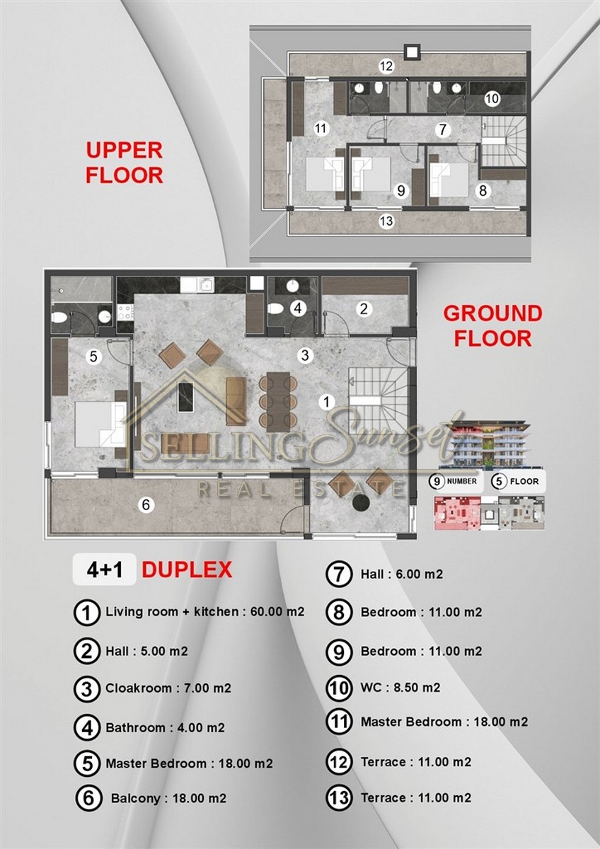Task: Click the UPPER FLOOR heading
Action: click(x=125, y=163)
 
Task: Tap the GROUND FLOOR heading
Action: click(x=492, y=326)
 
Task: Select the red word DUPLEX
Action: click(x=187, y=570)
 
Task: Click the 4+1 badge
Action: click(x=104, y=570)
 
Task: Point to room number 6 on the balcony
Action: click(x=146, y=504)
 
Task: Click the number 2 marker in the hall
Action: click(x=364, y=309)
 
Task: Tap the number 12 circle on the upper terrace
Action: click(x=386, y=67)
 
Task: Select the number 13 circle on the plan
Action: click(x=386, y=221)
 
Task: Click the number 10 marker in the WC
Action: click(x=492, y=99)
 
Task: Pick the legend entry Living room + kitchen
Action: click(x=204, y=612)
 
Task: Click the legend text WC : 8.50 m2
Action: click(x=400, y=687)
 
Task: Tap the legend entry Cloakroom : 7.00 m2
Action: click(x=168, y=688)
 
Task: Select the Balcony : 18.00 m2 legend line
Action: click(x=168, y=799)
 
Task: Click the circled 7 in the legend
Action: click(x=339, y=574)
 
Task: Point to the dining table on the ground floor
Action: click(x=279, y=401)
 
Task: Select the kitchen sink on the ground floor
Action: click(x=197, y=284)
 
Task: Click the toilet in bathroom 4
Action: click(x=275, y=308)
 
